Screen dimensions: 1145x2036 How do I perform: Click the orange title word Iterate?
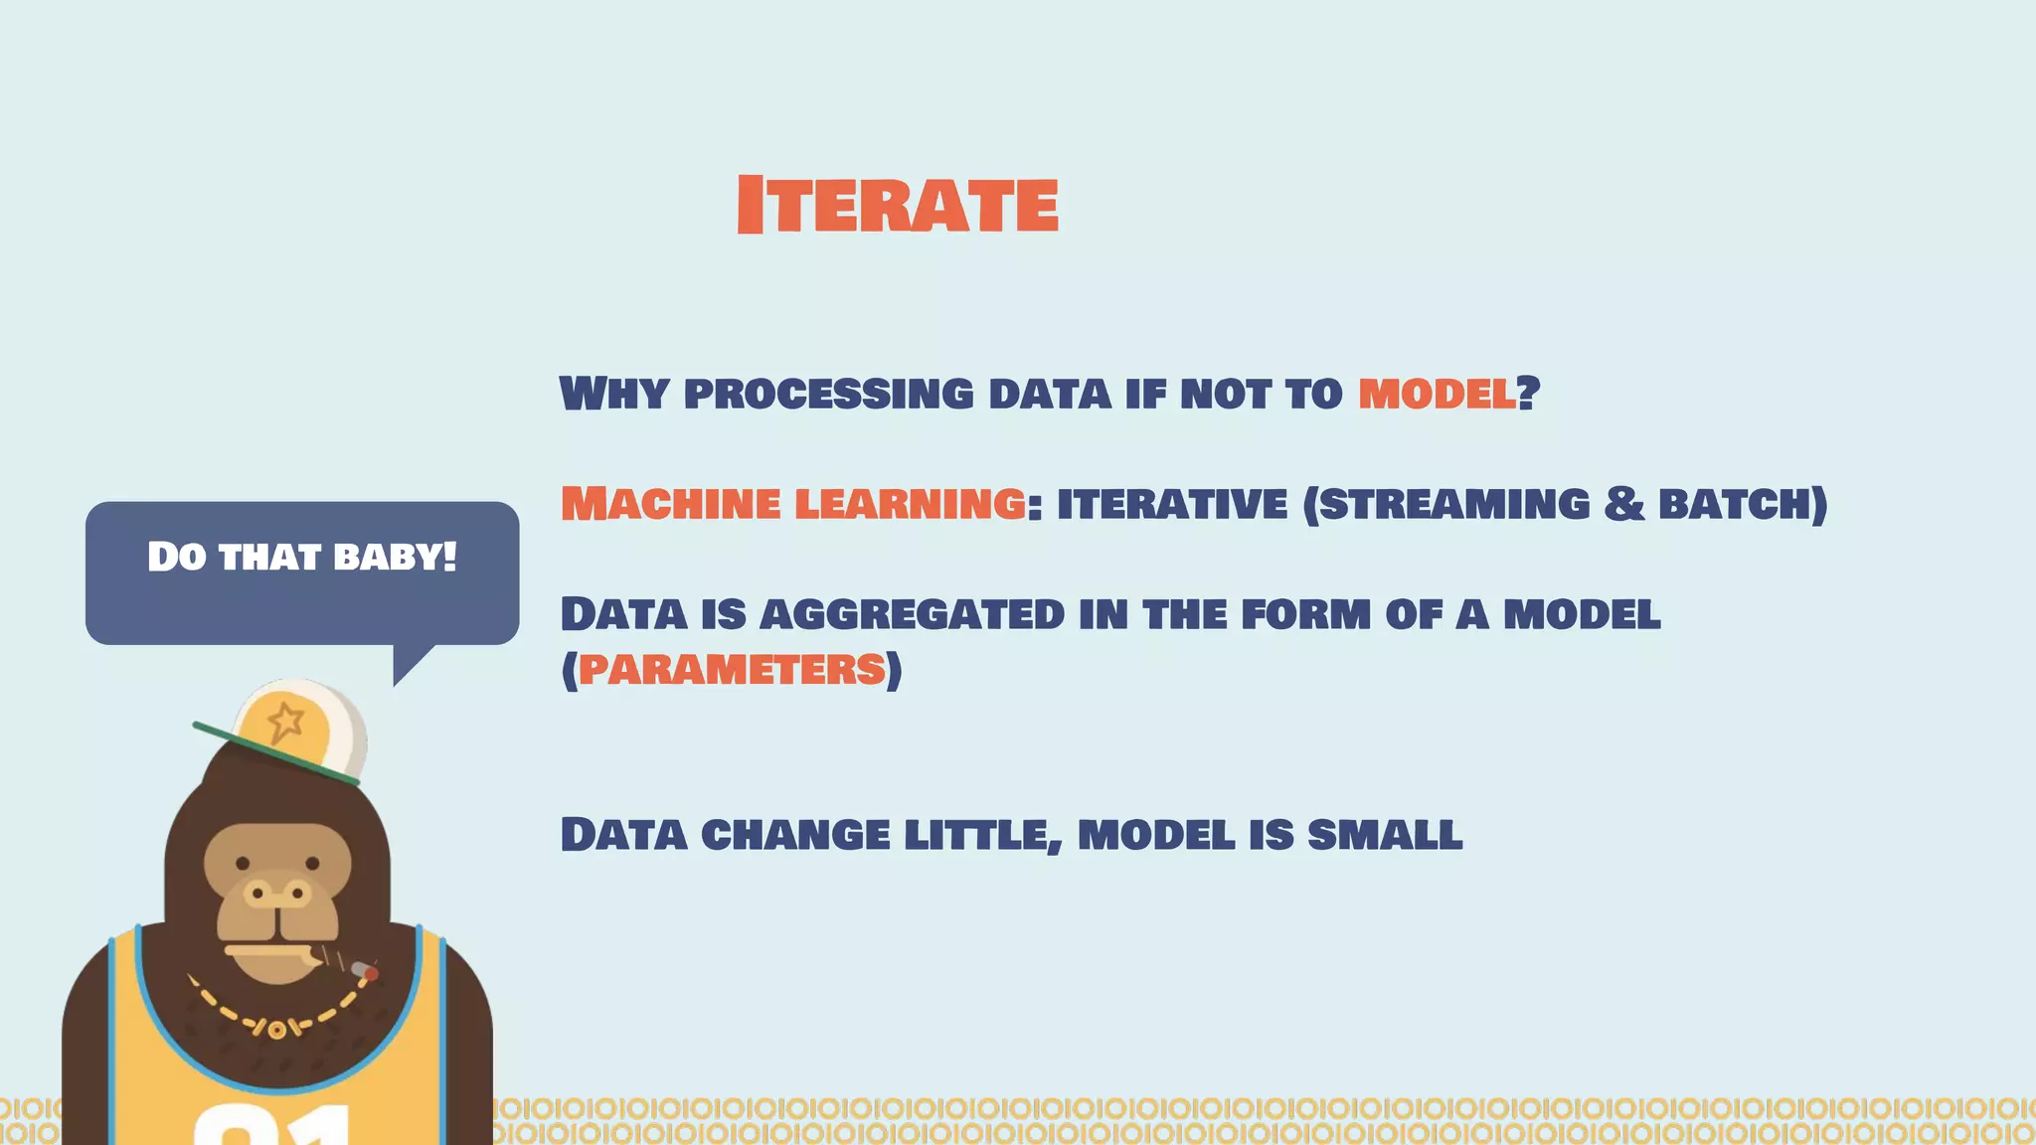897,205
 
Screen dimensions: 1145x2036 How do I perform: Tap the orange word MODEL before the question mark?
1437,394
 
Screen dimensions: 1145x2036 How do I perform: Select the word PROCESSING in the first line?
828,394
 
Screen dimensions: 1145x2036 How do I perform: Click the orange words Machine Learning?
792,504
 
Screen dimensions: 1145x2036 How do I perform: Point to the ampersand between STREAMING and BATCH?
1623,503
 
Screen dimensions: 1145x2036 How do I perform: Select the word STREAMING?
1454,504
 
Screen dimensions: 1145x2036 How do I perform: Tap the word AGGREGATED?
912,614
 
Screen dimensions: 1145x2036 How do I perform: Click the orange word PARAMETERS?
731,669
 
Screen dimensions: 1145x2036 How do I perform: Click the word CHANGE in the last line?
795,834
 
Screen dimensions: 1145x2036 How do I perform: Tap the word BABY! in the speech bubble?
395,557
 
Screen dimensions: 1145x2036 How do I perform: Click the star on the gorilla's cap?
285,722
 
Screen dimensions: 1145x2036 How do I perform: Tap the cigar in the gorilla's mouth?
343,963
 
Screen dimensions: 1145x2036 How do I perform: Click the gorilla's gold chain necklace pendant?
276,1030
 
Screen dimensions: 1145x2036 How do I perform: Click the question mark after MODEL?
1529,393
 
